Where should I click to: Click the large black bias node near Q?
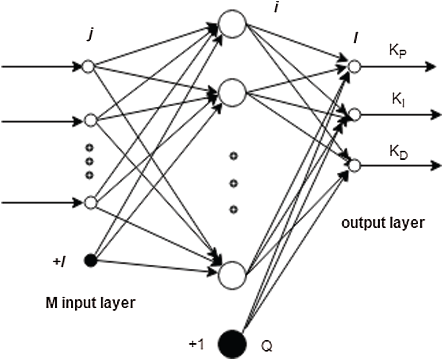coord(232,342)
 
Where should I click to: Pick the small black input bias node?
coord(90,260)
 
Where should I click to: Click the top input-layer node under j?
coord(90,66)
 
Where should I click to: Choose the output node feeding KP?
coord(354,66)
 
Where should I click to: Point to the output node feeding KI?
coord(354,115)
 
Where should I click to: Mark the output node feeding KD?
coord(354,165)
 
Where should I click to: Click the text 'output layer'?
coord(383,223)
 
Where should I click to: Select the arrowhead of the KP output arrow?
coord(430,66)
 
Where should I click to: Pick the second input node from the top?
coord(90,120)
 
